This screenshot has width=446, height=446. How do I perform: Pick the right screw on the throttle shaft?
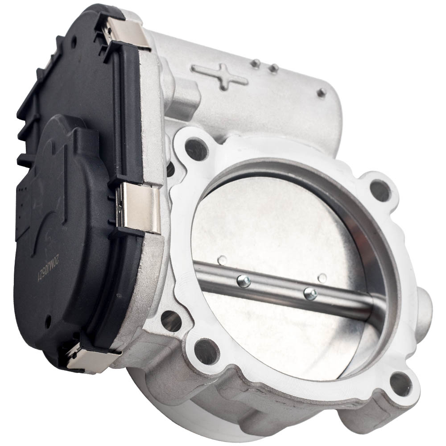pyautogui.click(x=310, y=293)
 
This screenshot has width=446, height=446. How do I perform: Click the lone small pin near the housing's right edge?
pyautogui.click(x=321, y=92)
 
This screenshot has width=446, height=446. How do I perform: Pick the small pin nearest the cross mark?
pyautogui.click(x=255, y=64)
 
